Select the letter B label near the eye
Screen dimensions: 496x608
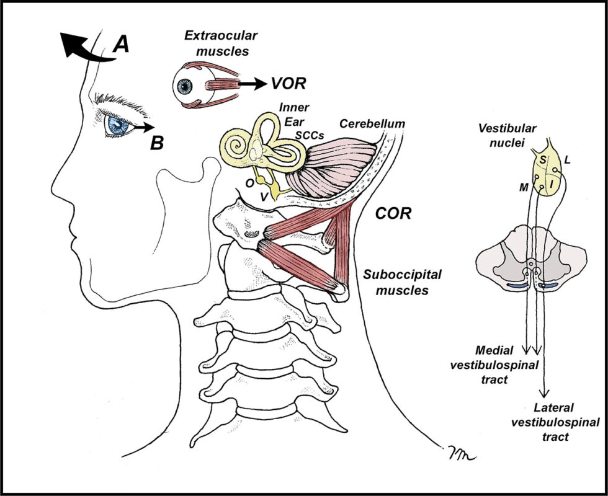point(158,143)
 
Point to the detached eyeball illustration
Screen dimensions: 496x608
point(186,85)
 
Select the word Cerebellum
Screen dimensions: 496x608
point(372,123)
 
